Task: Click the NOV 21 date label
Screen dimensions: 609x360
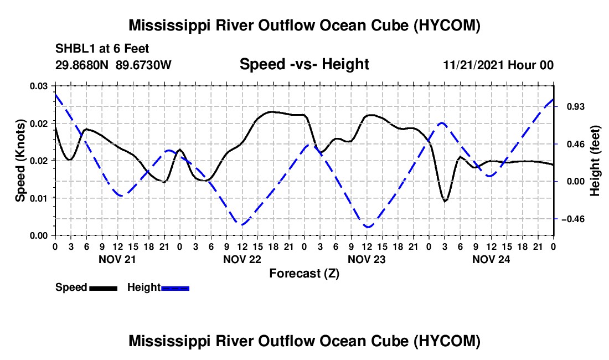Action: pos(117,259)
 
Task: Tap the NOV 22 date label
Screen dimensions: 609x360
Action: pos(242,259)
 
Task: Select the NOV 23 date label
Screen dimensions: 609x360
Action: pos(367,259)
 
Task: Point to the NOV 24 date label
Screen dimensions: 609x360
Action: pos(491,259)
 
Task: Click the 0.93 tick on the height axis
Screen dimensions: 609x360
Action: pos(576,107)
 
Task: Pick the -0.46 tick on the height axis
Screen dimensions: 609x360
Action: pos(573,219)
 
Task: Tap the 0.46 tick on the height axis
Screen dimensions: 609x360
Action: pos(576,145)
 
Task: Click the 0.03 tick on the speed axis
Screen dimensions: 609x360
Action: pos(39,86)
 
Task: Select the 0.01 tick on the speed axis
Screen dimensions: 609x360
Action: pos(39,198)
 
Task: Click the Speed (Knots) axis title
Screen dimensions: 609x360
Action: pos(20,161)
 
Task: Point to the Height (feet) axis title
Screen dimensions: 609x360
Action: pos(595,161)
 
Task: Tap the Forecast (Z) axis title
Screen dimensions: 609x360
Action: pos(304,274)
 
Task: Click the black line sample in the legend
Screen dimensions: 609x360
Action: pos(104,288)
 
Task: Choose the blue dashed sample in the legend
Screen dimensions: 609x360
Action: pos(175,288)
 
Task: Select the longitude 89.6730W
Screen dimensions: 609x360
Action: pos(143,65)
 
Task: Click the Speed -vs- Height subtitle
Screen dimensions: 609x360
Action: pos(304,64)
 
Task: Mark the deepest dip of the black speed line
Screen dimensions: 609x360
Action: pos(445,201)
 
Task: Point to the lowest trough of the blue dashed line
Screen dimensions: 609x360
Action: pos(368,227)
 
